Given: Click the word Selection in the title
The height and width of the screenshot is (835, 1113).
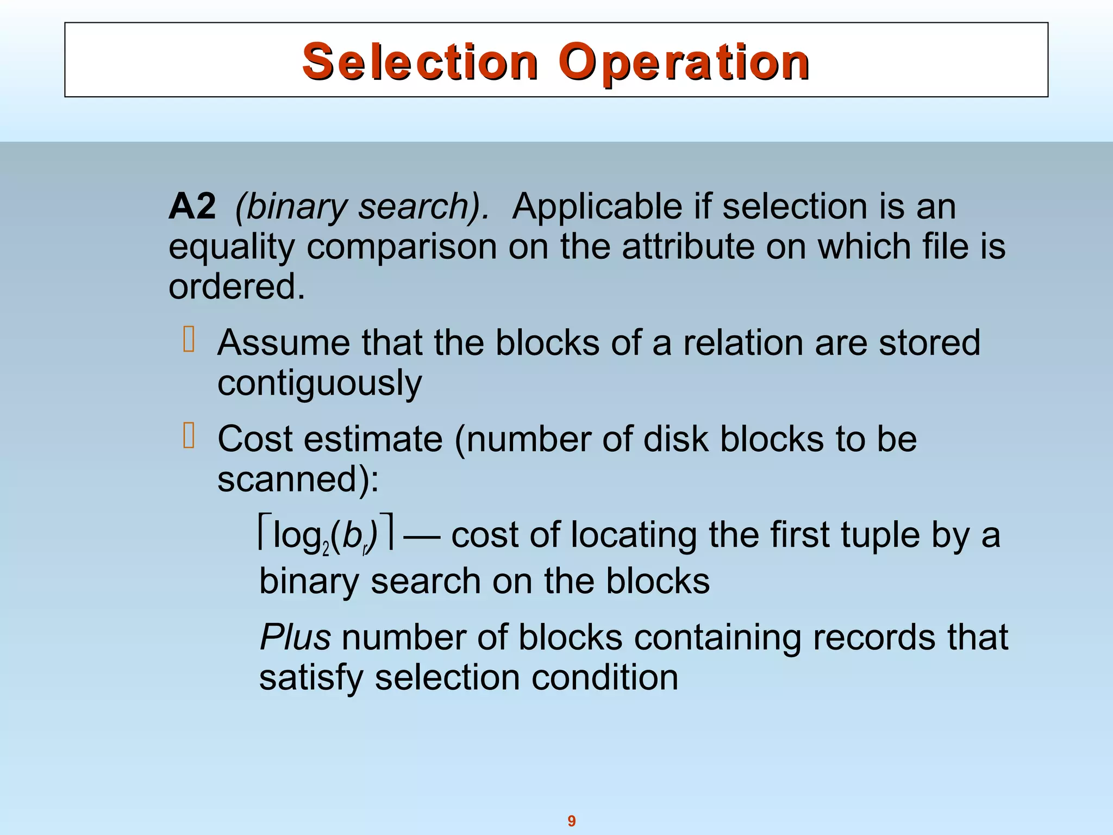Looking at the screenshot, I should click(x=420, y=63).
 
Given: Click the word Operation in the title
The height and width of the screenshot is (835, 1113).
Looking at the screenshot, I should click(x=684, y=63).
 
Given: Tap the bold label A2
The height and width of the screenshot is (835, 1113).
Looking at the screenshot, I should click(x=192, y=207).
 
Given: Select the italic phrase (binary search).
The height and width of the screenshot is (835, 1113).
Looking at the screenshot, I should click(x=362, y=207).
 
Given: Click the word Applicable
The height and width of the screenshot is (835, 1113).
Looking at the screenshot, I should click(x=597, y=207).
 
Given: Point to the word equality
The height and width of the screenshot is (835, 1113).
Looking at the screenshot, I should click(x=232, y=247).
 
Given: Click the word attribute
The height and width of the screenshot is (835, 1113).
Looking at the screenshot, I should click(x=688, y=247).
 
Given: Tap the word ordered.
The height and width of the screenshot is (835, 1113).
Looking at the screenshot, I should click(x=236, y=286).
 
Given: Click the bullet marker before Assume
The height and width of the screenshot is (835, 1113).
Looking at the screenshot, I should click(x=189, y=339).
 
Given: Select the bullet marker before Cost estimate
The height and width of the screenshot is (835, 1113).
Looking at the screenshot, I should click(x=189, y=435).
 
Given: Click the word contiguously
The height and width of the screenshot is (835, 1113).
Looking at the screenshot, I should click(x=320, y=383).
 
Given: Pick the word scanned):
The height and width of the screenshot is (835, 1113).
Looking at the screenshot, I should click(x=298, y=479).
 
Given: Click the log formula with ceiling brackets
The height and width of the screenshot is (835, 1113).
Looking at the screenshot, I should click(x=326, y=535).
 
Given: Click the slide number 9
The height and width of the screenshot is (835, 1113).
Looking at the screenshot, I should click(x=572, y=821).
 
